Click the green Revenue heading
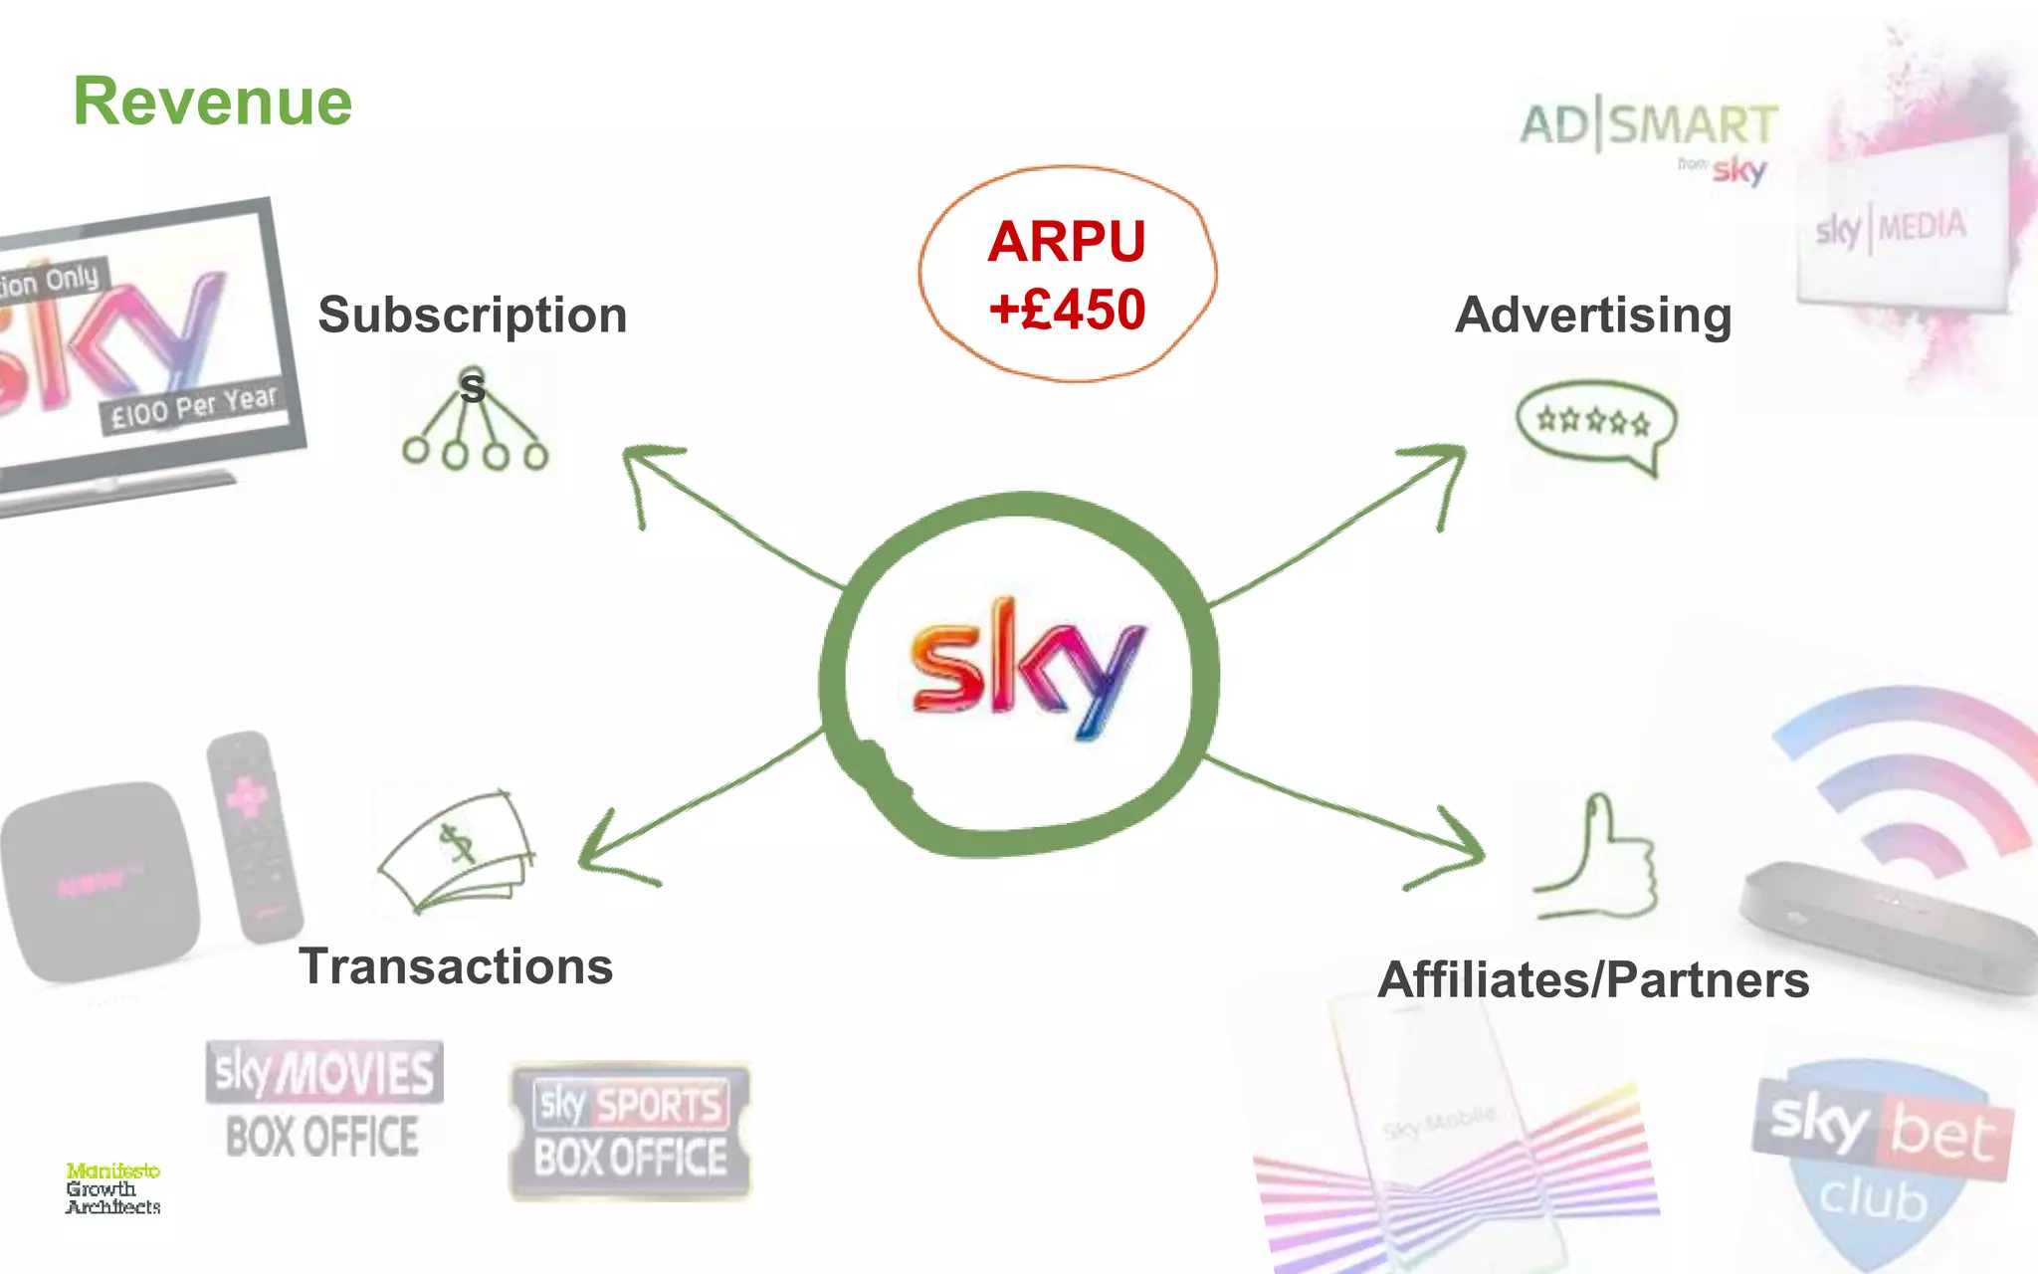pos(213,102)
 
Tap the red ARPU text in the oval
pos(1066,242)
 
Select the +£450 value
pos(1067,310)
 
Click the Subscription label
pos(473,316)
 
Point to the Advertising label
pos(1593,316)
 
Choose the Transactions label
pos(456,966)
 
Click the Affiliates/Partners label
pos(1593,980)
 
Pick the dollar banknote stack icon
pos(459,851)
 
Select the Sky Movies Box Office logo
pos(323,1100)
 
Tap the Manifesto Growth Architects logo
pos(112,1188)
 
